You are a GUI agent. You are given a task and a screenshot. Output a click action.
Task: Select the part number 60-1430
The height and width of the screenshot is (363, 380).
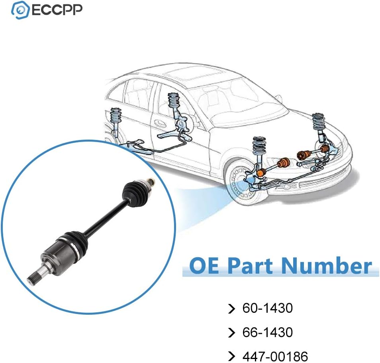pos(267,308)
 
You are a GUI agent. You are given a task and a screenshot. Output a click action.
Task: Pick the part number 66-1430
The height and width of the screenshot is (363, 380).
pos(267,332)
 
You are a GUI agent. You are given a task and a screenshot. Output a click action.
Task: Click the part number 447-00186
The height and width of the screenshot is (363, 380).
pos(275,356)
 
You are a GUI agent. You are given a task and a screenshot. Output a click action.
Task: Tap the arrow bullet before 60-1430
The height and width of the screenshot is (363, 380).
pos(231,308)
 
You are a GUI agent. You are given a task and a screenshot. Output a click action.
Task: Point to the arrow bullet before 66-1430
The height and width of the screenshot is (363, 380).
pos(231,332)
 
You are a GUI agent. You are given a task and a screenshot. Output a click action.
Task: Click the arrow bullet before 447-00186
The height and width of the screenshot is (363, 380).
pos(231,356)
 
